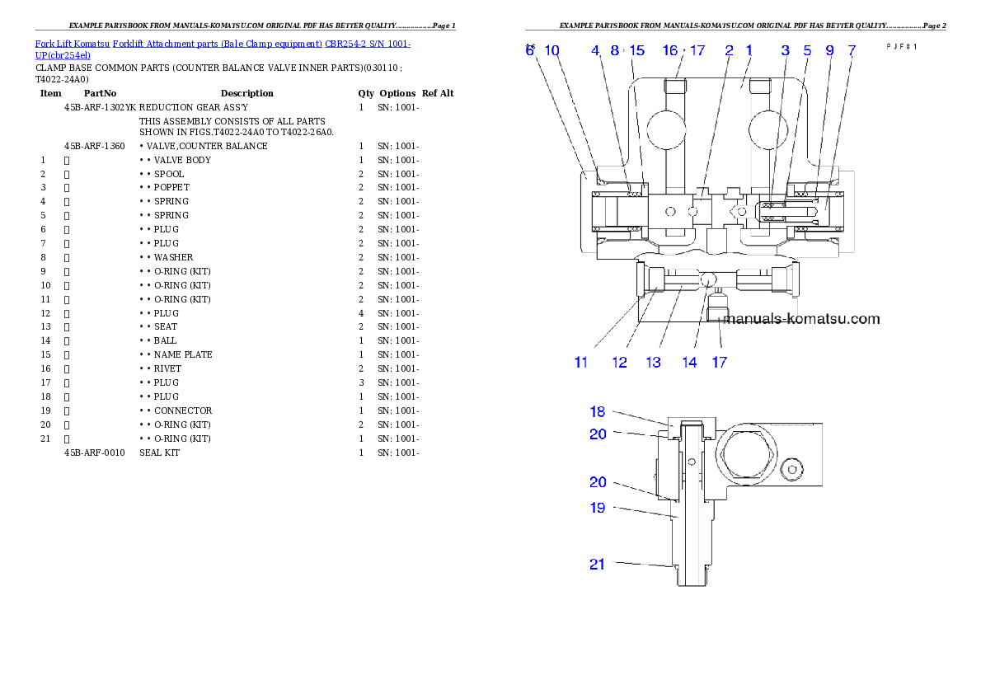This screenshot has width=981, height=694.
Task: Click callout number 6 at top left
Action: [x=531, y=50]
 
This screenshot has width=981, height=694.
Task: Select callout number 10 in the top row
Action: [x=552, y=50]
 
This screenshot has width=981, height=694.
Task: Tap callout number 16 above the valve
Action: [x=670, y=50]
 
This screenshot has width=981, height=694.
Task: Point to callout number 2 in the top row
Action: [x=729, y=50]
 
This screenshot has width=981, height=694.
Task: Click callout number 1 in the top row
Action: [x=749, y=50]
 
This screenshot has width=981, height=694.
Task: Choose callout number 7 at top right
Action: [x=852, y=50]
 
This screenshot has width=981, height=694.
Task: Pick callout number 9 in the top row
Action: [x=830, y=50]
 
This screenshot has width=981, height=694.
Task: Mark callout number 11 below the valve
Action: [x=581, y=362]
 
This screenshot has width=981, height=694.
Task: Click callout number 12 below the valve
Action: [x=620, y=362]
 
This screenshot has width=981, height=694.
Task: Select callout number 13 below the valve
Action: [x=653, y=362]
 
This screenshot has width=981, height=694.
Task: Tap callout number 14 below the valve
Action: [x=689, y=362]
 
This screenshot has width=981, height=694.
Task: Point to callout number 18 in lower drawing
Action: [x=598, y=412]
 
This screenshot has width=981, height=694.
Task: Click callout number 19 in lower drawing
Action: [x=598, y=508]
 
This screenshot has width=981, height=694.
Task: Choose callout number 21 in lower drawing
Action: [x=598, y=565]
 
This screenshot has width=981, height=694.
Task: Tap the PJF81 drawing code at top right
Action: [x=902, y=47]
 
